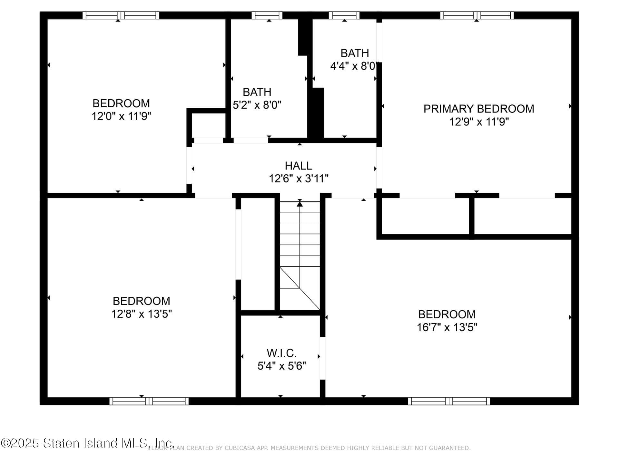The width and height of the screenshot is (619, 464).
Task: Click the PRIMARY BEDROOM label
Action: [478, 109]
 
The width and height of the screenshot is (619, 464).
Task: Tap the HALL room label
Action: [298, 166]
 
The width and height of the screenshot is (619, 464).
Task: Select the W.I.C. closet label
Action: [281, 353]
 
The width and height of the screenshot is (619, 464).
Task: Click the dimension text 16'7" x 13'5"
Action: [447, 327]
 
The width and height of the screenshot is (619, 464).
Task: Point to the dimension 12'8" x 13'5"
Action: [142, 314]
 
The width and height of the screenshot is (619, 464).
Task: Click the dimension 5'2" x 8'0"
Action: [257, 105]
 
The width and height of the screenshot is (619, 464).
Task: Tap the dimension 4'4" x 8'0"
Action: [353, 66]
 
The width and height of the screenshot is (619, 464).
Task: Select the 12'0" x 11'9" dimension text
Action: [121, 116]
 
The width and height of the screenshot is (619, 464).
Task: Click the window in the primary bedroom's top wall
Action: [477, 15]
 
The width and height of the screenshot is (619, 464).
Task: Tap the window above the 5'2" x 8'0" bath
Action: [267, 15]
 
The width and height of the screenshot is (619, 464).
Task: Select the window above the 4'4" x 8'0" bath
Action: [344, 15]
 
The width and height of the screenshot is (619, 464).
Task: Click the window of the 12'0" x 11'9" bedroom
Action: [121, 15]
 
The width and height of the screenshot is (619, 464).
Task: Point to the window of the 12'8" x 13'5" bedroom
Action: [149, 401]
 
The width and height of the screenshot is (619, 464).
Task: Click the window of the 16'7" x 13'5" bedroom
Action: [449, 401]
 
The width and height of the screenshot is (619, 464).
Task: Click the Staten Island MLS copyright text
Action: [87, 443]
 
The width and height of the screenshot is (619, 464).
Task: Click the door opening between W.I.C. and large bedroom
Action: [322, 358]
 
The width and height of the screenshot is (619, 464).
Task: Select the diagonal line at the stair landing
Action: [300, 288]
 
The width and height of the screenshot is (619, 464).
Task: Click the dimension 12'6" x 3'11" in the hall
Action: [299, 179]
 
